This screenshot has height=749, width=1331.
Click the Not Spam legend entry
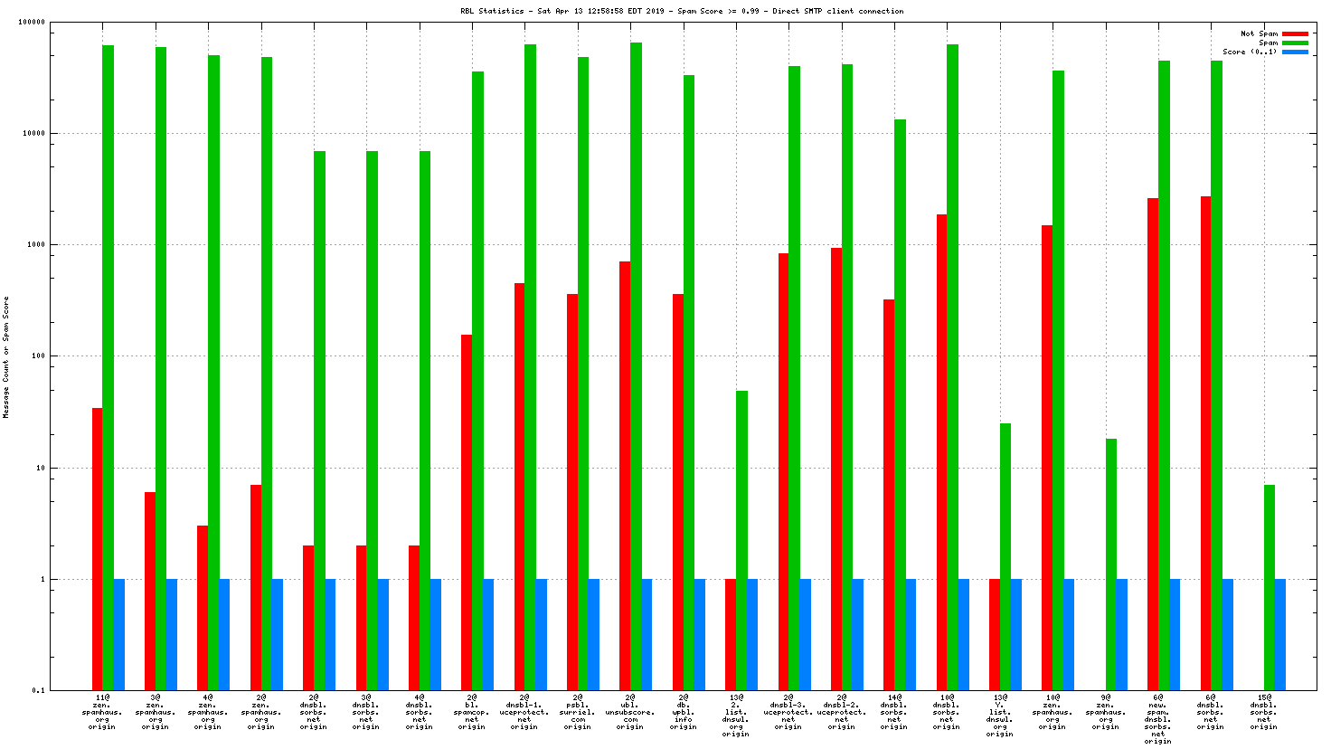(1259, 33)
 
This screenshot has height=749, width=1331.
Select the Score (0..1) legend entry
(1250, 52)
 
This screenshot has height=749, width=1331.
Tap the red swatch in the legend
(1295, 33)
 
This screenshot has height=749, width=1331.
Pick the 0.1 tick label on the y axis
(38, 690)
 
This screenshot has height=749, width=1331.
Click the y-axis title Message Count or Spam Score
(6, 357)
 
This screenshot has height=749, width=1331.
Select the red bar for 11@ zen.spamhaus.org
(97, 549)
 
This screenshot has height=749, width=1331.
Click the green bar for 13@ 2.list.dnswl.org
(741, 540)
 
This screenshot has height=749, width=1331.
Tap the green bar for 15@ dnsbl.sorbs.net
(1270, 587)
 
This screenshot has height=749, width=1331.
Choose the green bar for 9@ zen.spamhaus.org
(1111, 564)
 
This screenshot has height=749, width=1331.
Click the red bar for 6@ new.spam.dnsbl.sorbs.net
(1153, 444)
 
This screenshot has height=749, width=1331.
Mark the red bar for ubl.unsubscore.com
(625, 476)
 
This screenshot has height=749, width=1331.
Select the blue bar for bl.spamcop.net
(488, 634)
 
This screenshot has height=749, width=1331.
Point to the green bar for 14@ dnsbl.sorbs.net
(900, 404)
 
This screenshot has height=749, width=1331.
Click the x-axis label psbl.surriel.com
(577, 712)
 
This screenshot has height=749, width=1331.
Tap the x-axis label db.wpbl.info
(683, 712)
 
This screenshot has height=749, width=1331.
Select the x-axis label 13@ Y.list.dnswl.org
(999, 716)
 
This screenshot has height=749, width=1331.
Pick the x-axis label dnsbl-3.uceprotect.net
(788, 712)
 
